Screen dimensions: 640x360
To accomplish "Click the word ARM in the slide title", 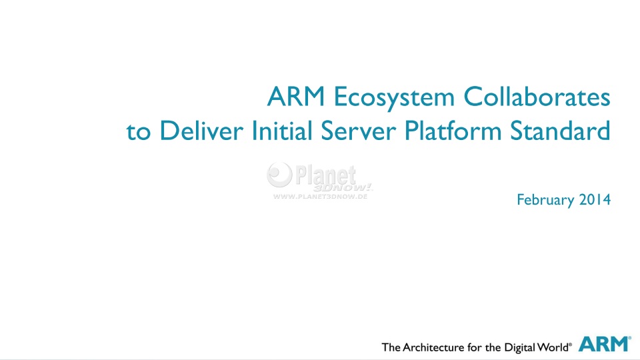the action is point(296,97).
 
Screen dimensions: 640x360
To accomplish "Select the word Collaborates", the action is point(537,97).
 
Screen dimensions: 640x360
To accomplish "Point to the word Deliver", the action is point(201,131).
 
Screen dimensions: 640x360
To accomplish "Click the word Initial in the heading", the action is point(282,131).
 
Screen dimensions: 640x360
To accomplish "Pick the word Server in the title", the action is point(359,131).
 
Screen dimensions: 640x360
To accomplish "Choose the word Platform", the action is point(453,131).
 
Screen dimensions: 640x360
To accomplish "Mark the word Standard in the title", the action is point(560,131).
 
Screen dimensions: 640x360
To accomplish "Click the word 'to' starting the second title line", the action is point(138,132).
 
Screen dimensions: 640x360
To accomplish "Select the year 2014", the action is point(595,199).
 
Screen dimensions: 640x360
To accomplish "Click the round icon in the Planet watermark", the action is point(279,174).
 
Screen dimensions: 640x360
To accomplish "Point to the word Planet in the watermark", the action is point(325,175).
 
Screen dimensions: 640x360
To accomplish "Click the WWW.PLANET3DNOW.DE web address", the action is point(321,196).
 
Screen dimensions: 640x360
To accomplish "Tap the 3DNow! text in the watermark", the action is point(343,188).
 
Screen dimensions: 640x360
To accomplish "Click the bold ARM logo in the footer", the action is point(605,344).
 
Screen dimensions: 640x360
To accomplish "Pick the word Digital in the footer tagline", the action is point(520,348).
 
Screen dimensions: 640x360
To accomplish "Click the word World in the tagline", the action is point(553,347).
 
